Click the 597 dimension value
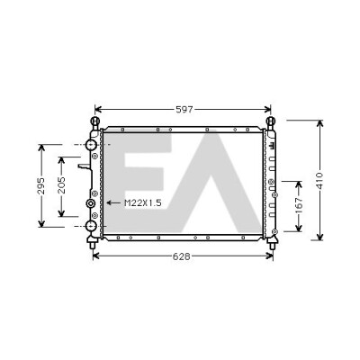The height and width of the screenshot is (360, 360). [x=184, y=110]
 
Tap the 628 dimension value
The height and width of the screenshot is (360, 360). [x=181, y=256]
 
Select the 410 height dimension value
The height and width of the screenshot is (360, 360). [x=320, y=181]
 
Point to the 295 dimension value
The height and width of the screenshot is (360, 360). [x=41, y=186]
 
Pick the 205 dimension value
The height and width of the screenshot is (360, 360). [x=61, y=185]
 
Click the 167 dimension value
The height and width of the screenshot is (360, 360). [x=299, y=205]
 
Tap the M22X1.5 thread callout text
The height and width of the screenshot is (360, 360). [x=143, y=203]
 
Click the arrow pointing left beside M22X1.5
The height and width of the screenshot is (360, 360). [x=113, y=203]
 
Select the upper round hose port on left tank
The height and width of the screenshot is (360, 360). [x=91, y=145]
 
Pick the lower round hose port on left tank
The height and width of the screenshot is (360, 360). [x=91, y=226]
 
